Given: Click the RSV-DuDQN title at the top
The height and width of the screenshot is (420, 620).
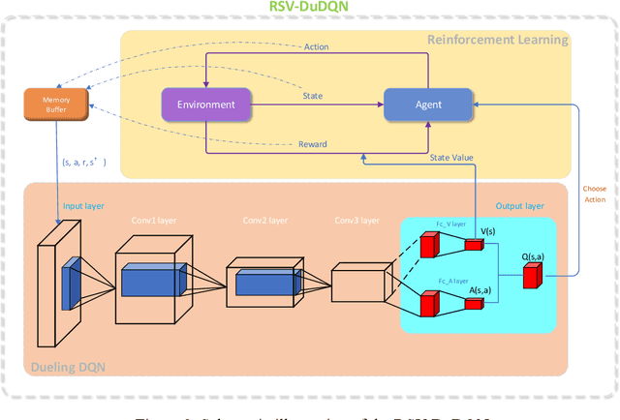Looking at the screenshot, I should click(x=309, y=9).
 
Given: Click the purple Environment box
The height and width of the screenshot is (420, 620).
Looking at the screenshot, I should click(x=204, y=104).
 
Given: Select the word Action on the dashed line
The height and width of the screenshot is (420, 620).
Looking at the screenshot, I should click(x=316, y=46).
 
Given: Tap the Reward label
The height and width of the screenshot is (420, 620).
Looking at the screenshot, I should click(x=312, y=144).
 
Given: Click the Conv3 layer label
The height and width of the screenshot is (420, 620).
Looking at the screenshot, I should click(x=356, y=219).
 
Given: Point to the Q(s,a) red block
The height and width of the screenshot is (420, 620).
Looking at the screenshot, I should click(x=532, y=276).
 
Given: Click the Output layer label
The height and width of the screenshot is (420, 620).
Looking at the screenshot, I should click(x=521, y=206).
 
